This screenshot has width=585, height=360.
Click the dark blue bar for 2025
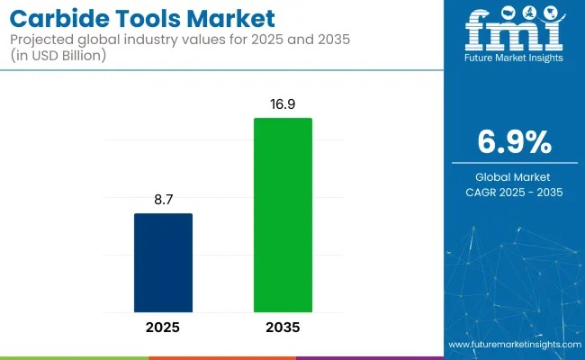pyautogui.click(x=163, y=262)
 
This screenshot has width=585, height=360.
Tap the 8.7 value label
pyautogui.click(x=163, y=201)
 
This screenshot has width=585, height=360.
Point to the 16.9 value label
pyautogui.click(x=283, y=105)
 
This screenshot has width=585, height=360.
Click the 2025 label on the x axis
pyautogui.click(x=163, y=328)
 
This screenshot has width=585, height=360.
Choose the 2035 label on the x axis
pyautogui.click(x=283, y=328)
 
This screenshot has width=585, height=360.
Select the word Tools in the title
pyautogui.click(x=149, y=18)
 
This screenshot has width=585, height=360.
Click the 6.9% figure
pyautogui.click(x=514, y=141)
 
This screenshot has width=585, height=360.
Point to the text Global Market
pyautogui.click(x=514, y=176)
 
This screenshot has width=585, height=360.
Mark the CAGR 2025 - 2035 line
pyautogui.click(x=514, y=192)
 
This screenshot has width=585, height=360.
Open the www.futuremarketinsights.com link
pyautogui.click(x=514, y=345)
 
